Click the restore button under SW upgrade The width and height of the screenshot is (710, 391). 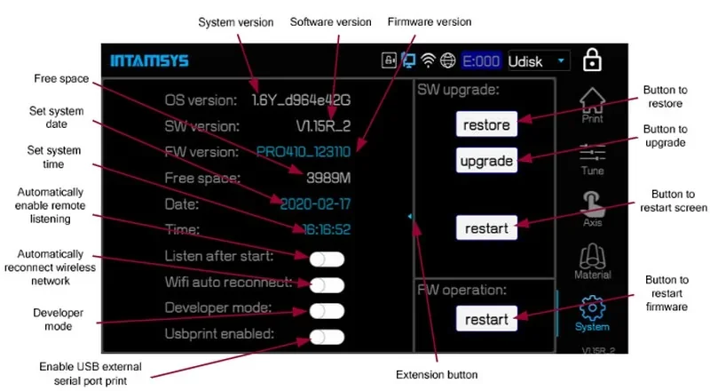(486, 124)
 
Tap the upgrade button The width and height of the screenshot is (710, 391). (486, 161)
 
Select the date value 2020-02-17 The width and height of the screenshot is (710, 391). (315, 203)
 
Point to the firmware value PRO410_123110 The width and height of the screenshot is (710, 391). (303, 151)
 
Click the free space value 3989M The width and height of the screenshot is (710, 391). (328, 178)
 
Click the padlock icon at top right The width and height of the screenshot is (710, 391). (592, 60)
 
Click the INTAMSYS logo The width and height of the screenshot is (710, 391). (149, 61)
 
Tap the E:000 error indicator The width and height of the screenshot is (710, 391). (482, 61)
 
